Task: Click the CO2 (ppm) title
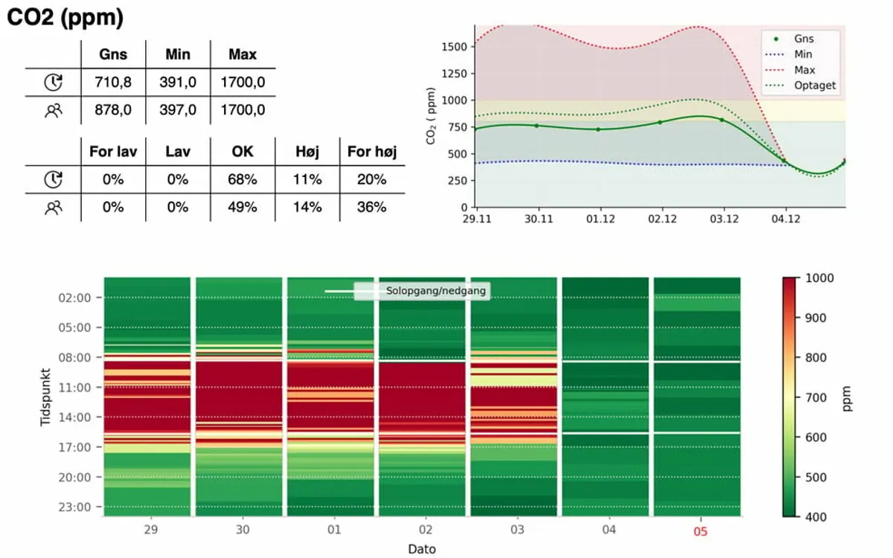pos(65,18)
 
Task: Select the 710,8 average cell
pos(113,82)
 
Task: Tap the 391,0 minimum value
pos(178,82)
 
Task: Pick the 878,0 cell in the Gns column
pos(113,109)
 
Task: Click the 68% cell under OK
pos(243,179)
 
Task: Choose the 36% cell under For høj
pos(371,207)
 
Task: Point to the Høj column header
pos(307,152)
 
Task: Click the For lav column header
pos(113,152)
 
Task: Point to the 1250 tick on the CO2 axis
pos(454,74)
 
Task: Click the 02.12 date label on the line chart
pos(662,219)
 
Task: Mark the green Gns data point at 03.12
pos(722,120)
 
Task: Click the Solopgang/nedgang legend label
pos(436,291)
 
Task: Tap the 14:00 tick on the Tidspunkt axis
pos(74,417)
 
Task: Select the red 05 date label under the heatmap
pos(700,531)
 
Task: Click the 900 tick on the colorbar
pos(816,318)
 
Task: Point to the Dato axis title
pos(422,549)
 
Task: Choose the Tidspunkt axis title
pos(45,397)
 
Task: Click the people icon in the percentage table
pos(53,208)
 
